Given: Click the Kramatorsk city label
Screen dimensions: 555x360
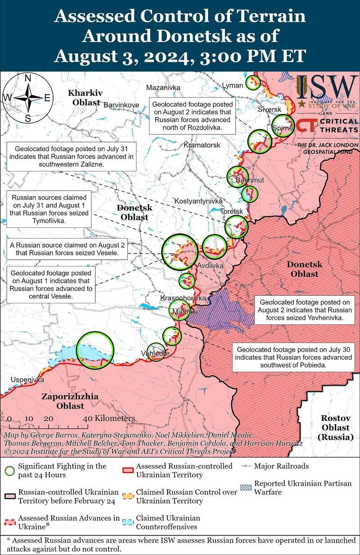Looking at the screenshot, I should click(x=202, y=146).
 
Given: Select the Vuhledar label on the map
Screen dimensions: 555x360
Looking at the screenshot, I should click(x=155, y=353).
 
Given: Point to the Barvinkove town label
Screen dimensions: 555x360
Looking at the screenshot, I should click(x=121, y=105).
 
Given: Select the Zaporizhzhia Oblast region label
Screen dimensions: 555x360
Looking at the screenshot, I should click(x=63, y=401).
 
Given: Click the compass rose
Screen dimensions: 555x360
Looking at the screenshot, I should click(x=27, y=98).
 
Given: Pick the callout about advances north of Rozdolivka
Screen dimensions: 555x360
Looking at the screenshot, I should click(x=192, y=116).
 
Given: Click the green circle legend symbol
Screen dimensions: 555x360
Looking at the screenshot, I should click(x=9, y=471).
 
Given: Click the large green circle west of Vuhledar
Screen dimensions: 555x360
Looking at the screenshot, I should click(x=94, y=350).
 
